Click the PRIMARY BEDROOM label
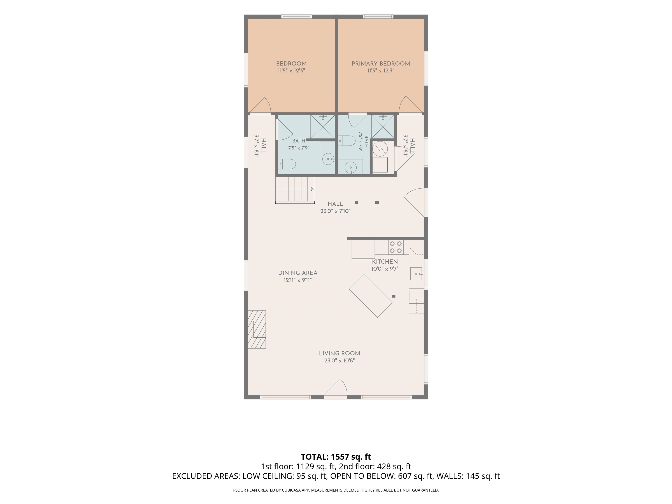[x=381, y=64]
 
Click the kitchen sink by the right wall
[x=416, y=274]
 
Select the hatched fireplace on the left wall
[x=257, y=329]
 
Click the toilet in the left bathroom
[x=287, y=164]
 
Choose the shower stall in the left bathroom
[x=322, y=127]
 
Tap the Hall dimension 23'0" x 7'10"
[x=335, y=211]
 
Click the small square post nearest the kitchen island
[x=394, y=296]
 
